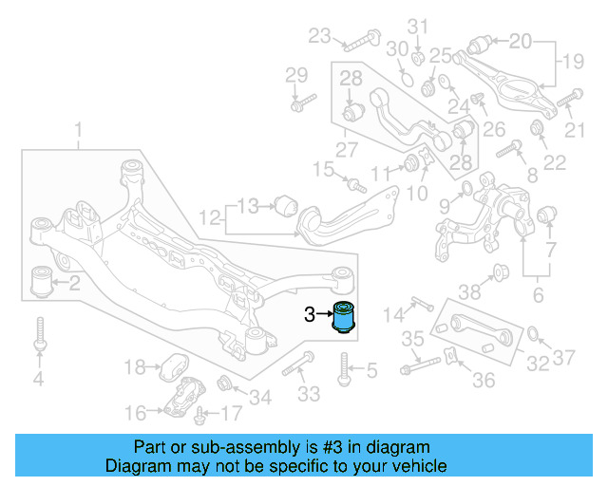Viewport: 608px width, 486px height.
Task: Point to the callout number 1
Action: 79,129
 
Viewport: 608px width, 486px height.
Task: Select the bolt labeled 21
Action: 569,96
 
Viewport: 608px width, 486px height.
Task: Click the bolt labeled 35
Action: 423,364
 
